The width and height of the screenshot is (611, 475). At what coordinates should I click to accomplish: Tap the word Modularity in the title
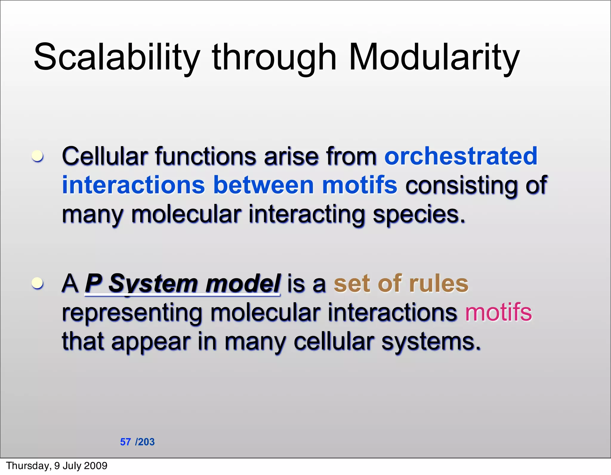pos(434,57)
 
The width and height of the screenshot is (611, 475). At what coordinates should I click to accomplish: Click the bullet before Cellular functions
pos(38,156)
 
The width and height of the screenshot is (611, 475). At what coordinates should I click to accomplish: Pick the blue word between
pos(263,185)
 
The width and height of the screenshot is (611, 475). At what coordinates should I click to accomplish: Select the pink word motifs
pos(499,312)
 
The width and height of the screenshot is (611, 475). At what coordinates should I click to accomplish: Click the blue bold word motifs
pos(359,185)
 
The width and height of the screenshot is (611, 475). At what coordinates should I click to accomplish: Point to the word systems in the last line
pos(431,342)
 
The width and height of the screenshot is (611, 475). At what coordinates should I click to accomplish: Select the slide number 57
pos(125,442)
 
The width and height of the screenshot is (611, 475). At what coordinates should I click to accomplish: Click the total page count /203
pos(145,442)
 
